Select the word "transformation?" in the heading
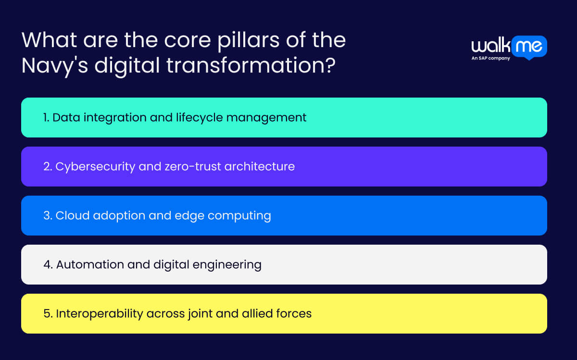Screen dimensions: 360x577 [251, 65]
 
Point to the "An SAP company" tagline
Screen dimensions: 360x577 [491, 58]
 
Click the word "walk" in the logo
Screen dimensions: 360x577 [490, 46]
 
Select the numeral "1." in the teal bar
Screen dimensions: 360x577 [46, 117]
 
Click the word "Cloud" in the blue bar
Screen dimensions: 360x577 [72, 215]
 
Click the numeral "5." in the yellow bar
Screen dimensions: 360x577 [48, 313]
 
